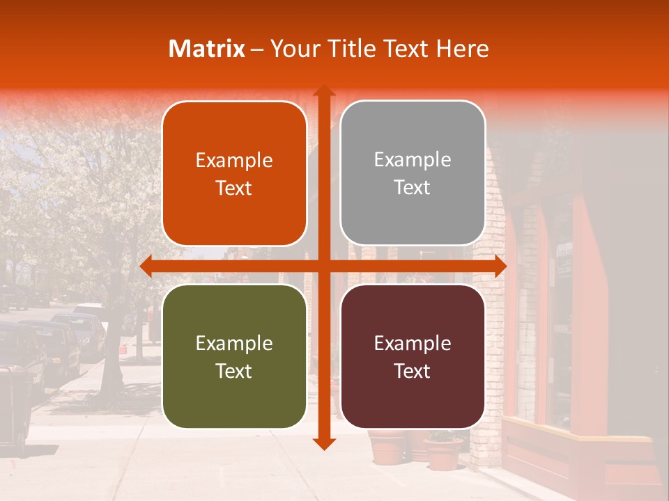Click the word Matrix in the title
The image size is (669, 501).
click(207, 49)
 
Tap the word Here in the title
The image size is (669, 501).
click(462, 49)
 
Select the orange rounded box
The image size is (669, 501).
click(234, 174)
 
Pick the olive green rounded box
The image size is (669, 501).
click(234, 356)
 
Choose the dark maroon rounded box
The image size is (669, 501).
click(413, 356)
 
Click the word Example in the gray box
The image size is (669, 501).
click(413, 159)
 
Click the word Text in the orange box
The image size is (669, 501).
click(234, 189)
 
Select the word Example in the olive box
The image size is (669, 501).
click(234, 343)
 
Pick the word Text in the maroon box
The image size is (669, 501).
click(413, 372)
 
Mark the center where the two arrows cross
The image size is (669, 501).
click(323, 267)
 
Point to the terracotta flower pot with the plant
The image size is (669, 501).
click(443, 451)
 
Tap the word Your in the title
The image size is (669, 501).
click(291, 49)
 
